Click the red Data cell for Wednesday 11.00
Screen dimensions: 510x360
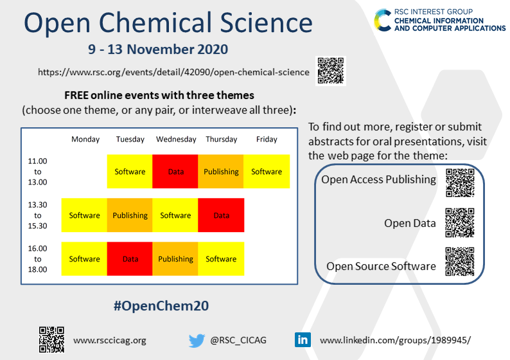[x=175, y=171]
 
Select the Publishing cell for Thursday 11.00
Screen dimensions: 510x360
[x=221, y=171]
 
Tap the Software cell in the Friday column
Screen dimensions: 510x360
[x=267, y=171]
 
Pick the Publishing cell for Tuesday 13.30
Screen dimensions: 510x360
[x=130, y=215]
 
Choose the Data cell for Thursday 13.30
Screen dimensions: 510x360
[x=221, y=215]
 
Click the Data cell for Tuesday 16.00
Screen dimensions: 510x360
[x=130, y=259]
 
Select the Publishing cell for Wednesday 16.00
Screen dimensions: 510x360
[x=175, y=259]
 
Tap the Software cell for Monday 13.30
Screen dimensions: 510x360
[x=84, y=215]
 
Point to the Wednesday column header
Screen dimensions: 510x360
[x=176, y=139]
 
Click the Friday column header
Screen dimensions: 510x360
[x=267, y=139]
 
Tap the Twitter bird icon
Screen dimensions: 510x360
[x=197, y=341]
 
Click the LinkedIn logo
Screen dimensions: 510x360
[x=303, y=340]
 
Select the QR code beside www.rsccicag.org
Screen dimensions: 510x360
[x=51, y=340]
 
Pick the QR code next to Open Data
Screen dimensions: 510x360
[x=460, y=223]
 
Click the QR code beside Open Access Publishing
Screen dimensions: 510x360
[x=460, y=183]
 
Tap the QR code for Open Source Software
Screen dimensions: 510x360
[x=460, y=262]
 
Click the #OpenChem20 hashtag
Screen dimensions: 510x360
[x=161, y=306]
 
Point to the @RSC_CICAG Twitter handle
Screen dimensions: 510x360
[x=238, y=341]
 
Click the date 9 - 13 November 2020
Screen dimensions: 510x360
[x=158, y=50]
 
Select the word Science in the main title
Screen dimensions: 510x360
[x=267, y=22]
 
